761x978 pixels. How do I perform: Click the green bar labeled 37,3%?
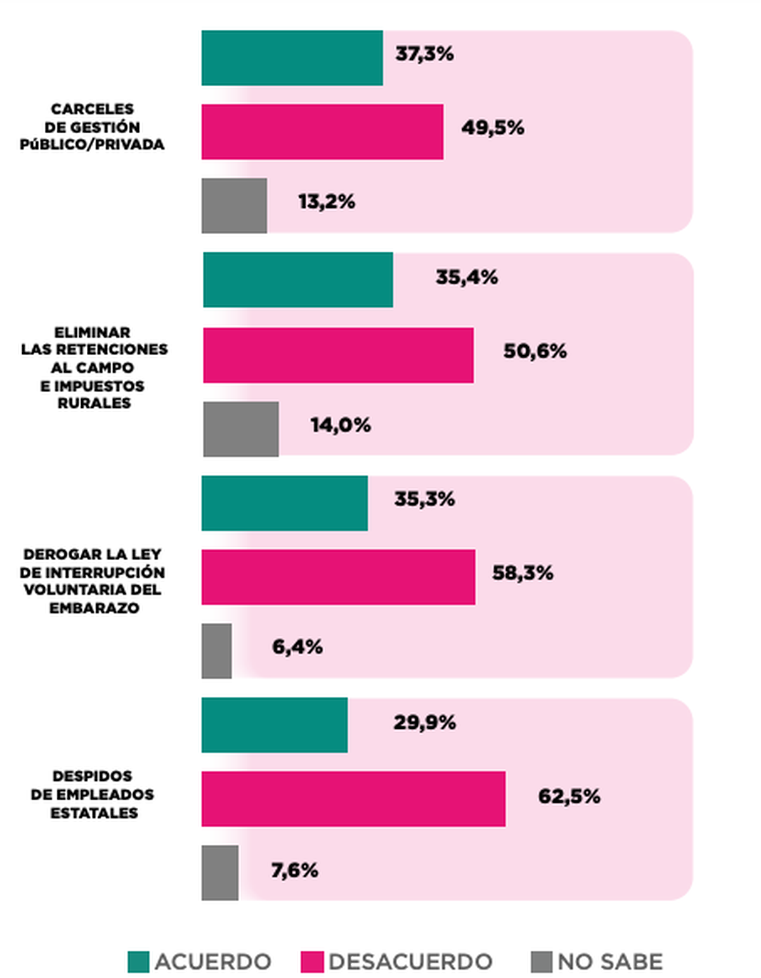coord(292,58)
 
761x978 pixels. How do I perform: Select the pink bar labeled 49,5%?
coord(322,132)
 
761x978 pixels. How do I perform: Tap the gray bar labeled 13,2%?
coord(234,205)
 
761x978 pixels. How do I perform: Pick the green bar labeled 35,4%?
coord(298,280)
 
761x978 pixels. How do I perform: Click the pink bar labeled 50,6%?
coord(338,355)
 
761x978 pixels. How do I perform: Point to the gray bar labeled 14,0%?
coord(241,429)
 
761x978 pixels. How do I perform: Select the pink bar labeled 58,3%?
coord(338,577)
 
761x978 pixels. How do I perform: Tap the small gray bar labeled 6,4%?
coord(216,651)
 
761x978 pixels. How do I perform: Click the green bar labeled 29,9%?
coord(275,725)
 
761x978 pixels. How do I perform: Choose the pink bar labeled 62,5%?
coord(353,799)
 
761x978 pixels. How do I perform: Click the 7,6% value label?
coord(294,870)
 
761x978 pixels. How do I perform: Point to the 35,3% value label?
coord(424,499)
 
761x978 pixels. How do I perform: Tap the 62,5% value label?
coord(569,796)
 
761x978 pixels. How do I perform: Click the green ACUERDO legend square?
coord(138,962)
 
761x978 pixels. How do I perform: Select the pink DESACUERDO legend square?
coord(312,962)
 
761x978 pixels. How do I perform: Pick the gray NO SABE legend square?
coord(541,962)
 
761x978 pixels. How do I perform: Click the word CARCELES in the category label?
coord(93,109)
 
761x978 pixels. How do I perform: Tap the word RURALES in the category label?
coord(94,403)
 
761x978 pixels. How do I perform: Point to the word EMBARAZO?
coord(94,608)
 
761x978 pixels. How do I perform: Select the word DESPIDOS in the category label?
coord(93,776)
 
